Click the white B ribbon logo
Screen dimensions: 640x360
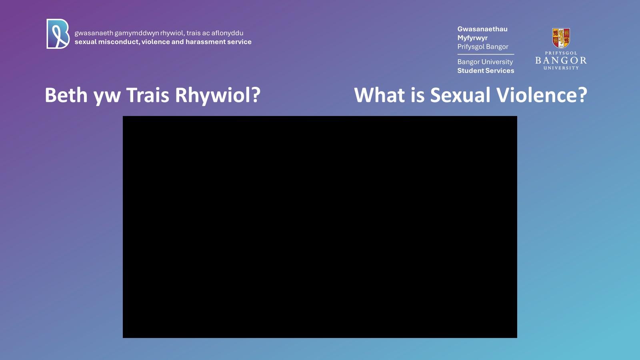pyautogui.click(x=58, y=34)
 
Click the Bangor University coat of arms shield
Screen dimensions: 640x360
pyautogui.click(x=561, y=38)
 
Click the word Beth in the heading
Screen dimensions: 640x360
pyautogui.click(x=66, y=95)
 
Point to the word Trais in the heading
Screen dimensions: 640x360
pyautogui.click(x=148, y=95)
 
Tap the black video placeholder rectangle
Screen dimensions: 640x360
pyautogui.click(x=320, y=227)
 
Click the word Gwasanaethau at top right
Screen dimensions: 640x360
pyautogui.click(x=482, y=29)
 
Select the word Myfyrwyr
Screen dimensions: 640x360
pyautogui.click(x=472, y=38)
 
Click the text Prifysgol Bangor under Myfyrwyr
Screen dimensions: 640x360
pyautogui.click(x=483, y=46)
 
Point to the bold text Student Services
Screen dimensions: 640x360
pyautogui.click(x=486, y=70)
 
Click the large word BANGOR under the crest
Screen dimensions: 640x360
pyautogui.click(x=561, y=60)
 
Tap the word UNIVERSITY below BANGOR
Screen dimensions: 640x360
pyautogui.click(x=561, y=68)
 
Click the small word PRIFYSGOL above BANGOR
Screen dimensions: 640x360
pyautogui.click(x=561, y=53)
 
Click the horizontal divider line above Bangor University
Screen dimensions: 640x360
pyautogui.click(x=486, y=54)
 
